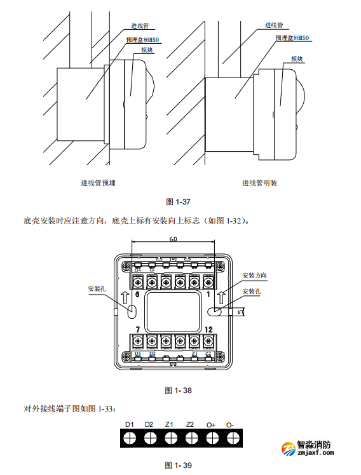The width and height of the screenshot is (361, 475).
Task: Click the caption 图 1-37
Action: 178,201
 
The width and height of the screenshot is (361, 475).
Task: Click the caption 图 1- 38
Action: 178,391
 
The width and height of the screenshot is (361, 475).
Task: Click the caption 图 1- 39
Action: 178,465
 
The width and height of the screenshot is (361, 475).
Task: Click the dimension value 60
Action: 174,239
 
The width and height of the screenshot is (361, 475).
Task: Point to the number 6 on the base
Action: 137,295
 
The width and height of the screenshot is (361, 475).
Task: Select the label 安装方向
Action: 254,276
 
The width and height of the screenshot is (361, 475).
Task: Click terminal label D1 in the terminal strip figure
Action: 129,424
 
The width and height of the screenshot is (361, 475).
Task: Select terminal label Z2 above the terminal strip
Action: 190,424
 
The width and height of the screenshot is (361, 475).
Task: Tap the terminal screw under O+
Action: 212,438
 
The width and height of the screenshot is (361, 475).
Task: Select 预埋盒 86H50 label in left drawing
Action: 142,39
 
